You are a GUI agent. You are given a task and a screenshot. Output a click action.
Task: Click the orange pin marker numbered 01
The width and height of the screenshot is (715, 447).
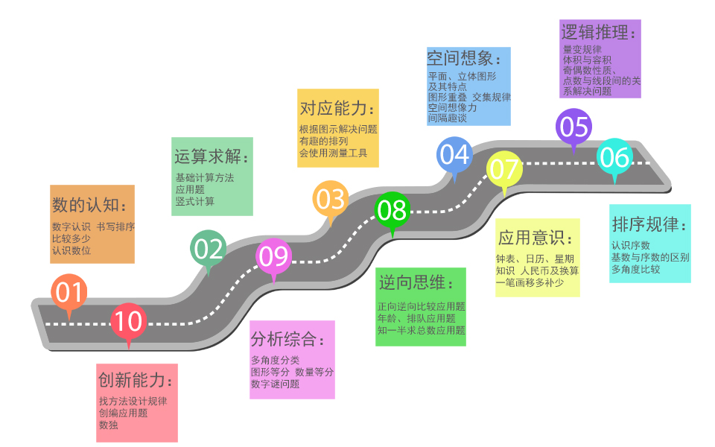69,293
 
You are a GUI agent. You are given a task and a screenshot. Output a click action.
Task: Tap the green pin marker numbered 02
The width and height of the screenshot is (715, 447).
209,248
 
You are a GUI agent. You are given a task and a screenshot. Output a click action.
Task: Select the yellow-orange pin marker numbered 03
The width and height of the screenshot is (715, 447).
330,199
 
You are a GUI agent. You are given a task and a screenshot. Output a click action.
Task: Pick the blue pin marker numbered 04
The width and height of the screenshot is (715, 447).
454,154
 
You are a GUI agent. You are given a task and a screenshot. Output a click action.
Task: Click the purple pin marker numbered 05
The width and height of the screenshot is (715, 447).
573,126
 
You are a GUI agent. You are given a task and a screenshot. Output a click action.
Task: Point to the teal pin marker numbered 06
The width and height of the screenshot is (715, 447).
615,157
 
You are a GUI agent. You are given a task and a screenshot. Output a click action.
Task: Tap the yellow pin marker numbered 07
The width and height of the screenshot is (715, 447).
504,170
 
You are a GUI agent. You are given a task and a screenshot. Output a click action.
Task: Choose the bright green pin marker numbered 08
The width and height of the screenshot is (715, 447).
392,210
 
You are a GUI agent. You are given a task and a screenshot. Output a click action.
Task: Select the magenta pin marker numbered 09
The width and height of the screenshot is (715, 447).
273,256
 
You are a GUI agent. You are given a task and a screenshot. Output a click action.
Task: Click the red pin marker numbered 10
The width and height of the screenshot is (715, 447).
129,321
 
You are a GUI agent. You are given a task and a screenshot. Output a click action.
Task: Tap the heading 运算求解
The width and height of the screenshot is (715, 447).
212,157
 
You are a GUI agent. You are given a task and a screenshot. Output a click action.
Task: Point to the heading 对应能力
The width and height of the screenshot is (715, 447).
337,108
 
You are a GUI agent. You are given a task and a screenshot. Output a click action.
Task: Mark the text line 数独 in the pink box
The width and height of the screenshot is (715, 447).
109,425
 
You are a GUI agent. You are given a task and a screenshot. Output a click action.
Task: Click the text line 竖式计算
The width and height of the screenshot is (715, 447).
195,201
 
